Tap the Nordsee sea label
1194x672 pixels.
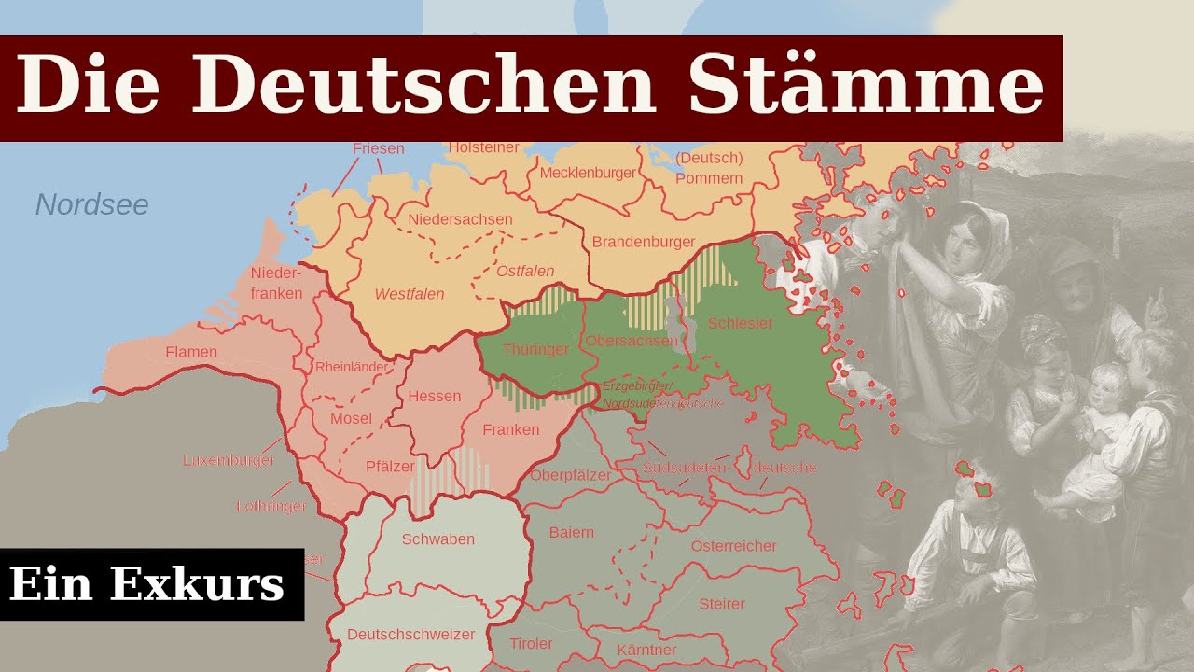(91, 204)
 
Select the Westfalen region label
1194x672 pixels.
(410, 294)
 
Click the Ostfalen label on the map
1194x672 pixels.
(525, 272)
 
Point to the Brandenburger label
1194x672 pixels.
(644, 242)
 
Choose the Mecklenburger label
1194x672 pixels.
(588, 173)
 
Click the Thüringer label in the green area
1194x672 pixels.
(535, 350)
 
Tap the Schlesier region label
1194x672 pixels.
(741, 323)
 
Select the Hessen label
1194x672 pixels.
(435, 396)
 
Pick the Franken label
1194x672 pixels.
(511, 430)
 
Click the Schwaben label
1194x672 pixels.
(438, 539)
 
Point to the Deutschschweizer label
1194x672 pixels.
(410, 635)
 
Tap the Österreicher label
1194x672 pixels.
(733, 546)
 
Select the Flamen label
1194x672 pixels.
(191, 353)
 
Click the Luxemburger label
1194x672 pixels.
(229, 461)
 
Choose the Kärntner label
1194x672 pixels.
(646, 650)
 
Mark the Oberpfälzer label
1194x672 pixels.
(570, 475)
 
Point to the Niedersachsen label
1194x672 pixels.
(460, 219)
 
